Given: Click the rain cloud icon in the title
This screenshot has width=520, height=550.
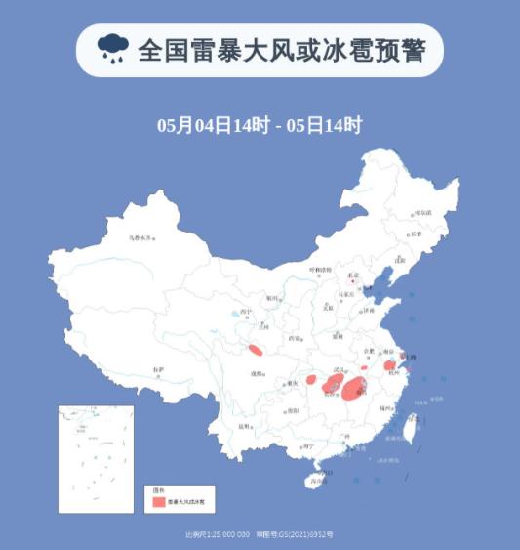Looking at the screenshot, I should (x=112, y=49).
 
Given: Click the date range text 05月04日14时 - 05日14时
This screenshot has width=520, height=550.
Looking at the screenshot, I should (x=260, y=126).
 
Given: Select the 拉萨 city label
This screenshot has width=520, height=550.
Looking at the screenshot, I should (x=158, y=369).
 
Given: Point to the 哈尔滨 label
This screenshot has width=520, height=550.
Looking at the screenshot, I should (x=422, y=212).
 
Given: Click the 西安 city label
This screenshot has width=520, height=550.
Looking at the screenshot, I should (x=294, y=338).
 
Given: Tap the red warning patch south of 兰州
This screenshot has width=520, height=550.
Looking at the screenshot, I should (x=257, y=350).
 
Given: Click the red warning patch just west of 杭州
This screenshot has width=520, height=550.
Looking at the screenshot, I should (x=389, y=364).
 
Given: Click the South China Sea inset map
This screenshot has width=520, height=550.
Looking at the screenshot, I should (x=95, y=457).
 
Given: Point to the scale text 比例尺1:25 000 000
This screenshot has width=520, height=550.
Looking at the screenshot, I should (x=217, y=534).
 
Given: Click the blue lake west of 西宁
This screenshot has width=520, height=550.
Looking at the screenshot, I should (x=239, y=316).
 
